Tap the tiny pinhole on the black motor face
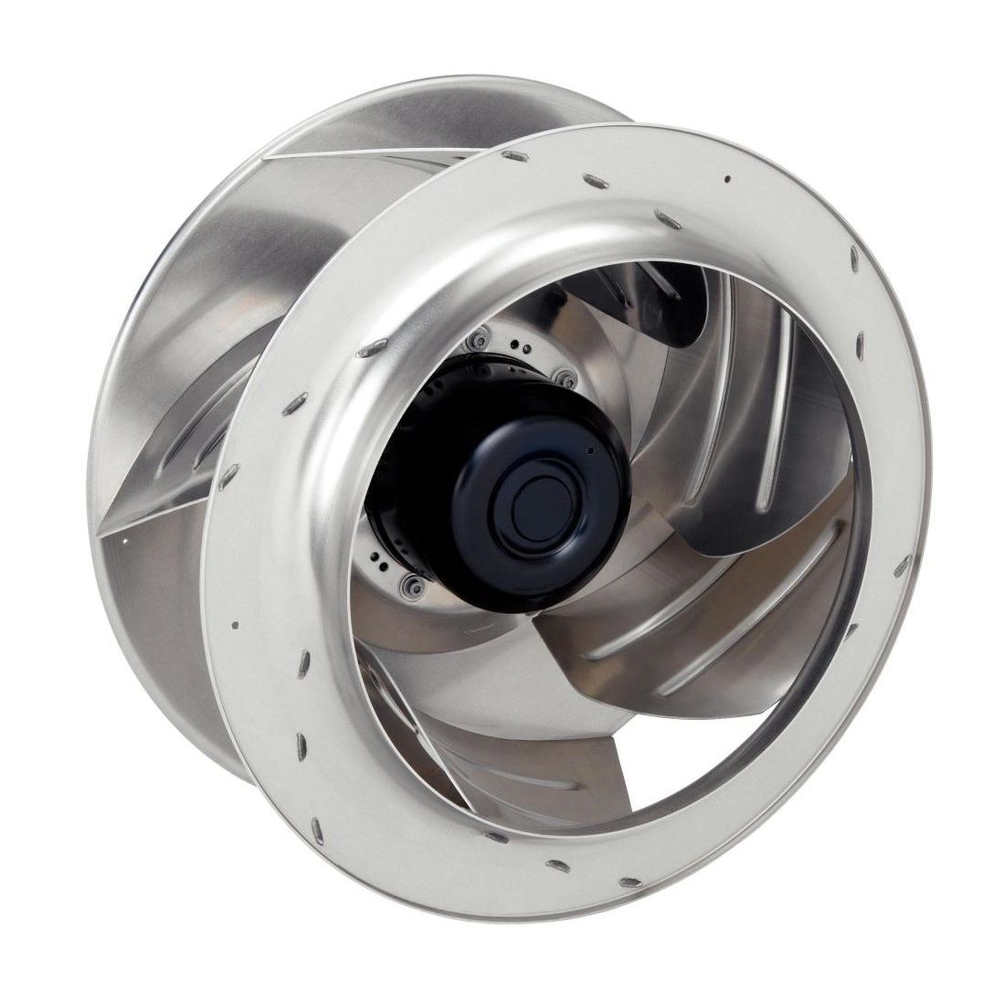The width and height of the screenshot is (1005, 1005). click(x=590, y=450)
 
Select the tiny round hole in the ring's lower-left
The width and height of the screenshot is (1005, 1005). click(x=235, y=625)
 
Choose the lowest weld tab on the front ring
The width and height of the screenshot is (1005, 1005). click(x=630, y=883)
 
